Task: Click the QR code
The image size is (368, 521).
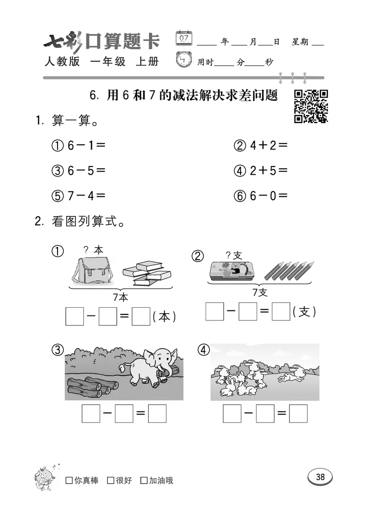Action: (310, 106)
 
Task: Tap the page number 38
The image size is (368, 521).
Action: (320, 477)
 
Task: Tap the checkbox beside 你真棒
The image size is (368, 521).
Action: (69, 481)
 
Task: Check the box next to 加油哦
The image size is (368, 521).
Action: (144, 481)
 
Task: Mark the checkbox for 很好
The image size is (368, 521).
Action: (110, 481)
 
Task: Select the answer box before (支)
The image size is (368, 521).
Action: (280, 312)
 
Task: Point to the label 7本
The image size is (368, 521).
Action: (121, 297)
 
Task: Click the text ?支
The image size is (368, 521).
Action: (234, 254)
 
